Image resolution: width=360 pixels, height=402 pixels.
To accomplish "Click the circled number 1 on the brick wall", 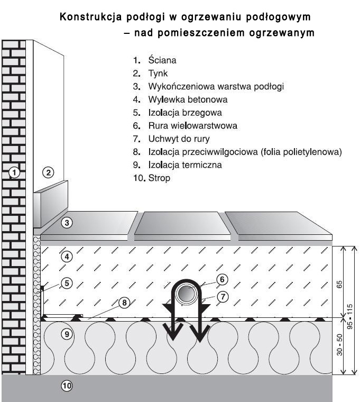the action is (14, 172).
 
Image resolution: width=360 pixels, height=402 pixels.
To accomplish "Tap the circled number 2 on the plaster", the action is (48, 172).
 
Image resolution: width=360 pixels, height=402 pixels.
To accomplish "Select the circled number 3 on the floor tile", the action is (67, 223).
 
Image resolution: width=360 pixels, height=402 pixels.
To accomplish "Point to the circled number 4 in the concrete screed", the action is (67, 257).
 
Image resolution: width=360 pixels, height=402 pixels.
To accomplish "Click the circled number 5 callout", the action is (67, 284).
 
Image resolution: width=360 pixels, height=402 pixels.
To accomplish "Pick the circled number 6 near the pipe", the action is (222, 279).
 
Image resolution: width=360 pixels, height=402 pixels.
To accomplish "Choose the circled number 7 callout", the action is (223, 297).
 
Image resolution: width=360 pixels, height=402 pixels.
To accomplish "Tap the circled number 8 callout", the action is (125, 303).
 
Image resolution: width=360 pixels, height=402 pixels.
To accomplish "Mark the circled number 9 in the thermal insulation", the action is (67, 334).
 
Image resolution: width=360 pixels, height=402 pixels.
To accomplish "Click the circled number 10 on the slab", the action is (67, 386).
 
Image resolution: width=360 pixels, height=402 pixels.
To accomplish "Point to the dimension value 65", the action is (339, 285).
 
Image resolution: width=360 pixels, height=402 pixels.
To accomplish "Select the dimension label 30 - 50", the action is (339, 345).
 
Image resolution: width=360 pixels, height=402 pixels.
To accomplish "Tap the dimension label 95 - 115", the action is (350, 317).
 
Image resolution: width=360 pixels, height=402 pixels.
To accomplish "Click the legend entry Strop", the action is (159, 178).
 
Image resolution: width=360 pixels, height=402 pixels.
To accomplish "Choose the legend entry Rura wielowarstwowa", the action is (192, 126).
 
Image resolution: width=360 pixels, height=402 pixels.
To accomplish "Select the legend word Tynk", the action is (158, 74).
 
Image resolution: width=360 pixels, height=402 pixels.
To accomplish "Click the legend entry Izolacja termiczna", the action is (185, 165).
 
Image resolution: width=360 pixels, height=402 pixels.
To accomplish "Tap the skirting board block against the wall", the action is (51, 204).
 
